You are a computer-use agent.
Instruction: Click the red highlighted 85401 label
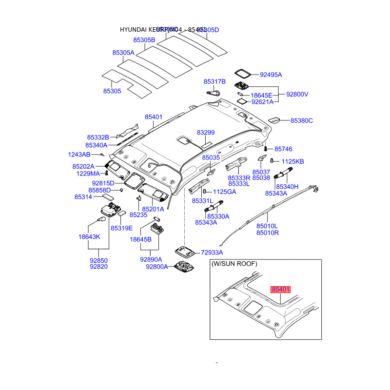(281, 290)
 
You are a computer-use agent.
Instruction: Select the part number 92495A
(271, 75)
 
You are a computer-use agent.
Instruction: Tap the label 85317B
(214, 81)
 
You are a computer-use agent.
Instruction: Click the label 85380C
(302, 120)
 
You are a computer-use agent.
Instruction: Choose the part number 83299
(206, 133)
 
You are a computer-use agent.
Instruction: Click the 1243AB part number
(79, 154)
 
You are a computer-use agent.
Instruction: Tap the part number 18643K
(89, 236)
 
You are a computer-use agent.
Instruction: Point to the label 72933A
(212, 253)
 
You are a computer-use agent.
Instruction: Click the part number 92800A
(157, 267)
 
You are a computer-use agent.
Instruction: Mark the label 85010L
(267, 226)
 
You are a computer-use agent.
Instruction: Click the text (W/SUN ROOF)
(234, 264)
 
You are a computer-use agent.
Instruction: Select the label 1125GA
(224, 192)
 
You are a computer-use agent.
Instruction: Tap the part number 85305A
(123, 52)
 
